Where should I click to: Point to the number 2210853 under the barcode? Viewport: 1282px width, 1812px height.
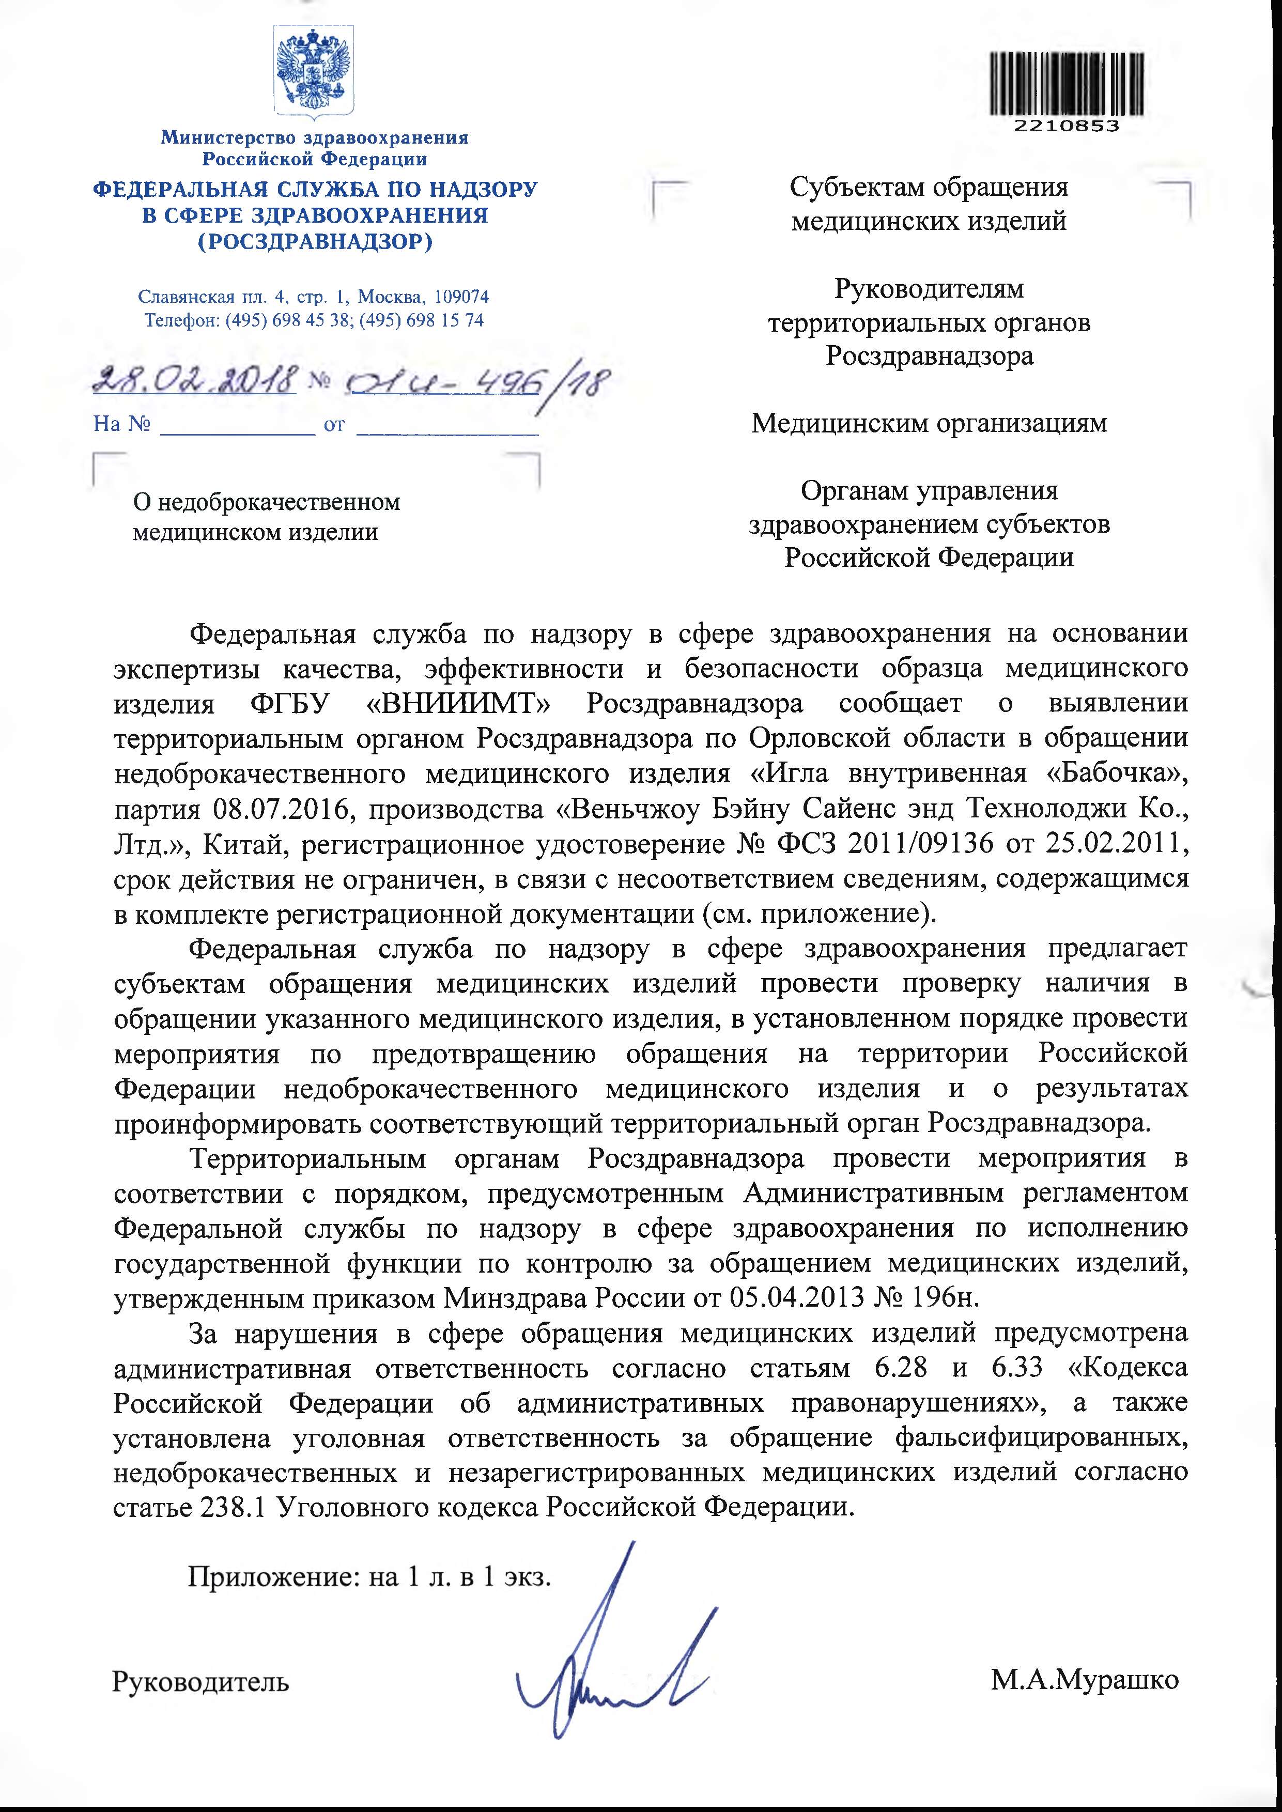[1067, 126]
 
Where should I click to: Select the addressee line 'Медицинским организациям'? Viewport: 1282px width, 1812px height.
[929, 424]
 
